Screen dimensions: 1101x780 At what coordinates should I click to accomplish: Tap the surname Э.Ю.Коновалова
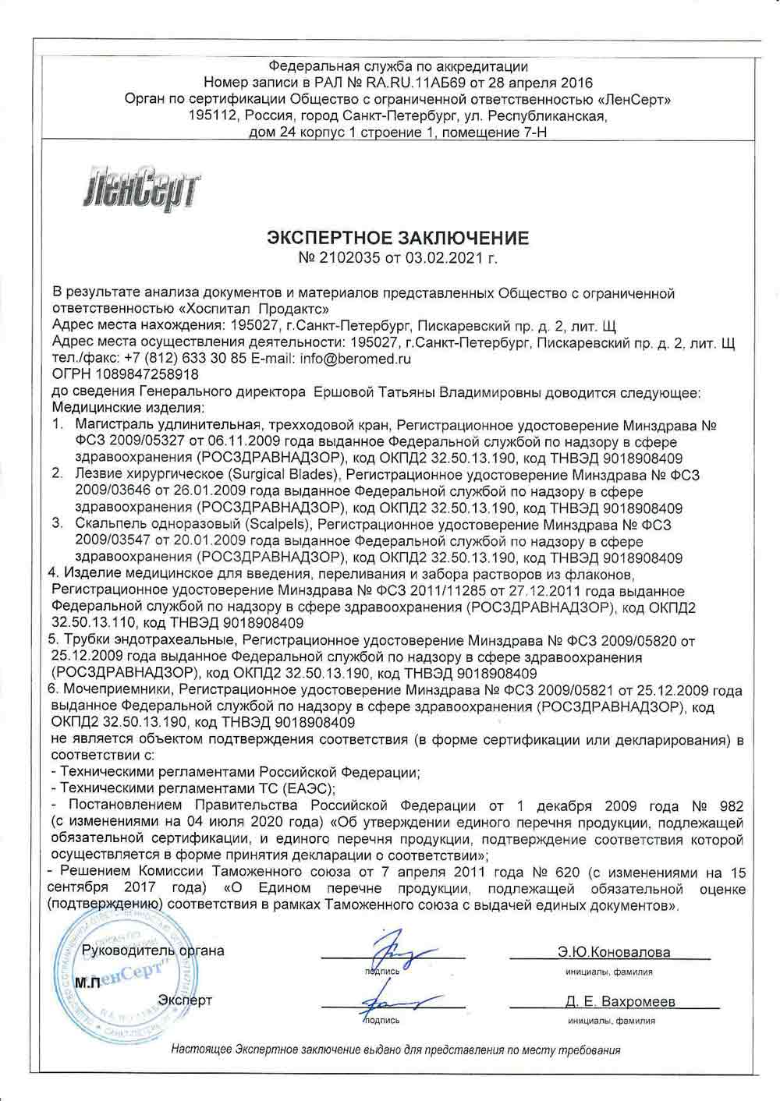point(614,952)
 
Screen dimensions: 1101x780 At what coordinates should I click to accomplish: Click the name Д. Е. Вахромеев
point(620,1001)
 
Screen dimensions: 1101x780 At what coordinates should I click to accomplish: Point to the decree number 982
point(730,805)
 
